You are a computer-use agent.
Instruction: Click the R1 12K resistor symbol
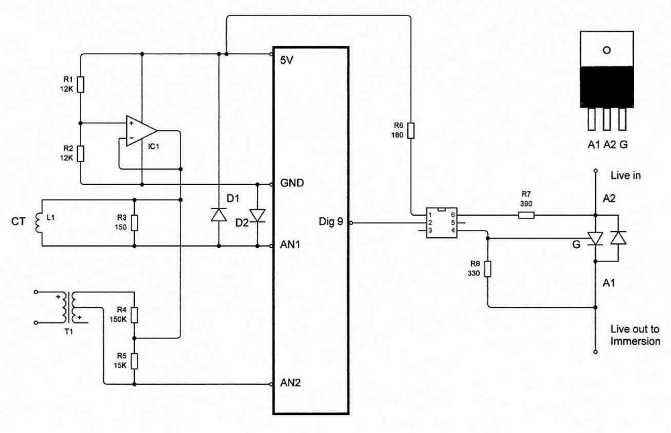coord(81,84)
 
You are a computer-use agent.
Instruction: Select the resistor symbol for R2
coord(81,153)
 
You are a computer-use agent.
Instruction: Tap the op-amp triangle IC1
coord(141,131)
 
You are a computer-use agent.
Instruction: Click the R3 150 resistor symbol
coord(134,223)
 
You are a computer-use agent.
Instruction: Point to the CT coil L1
coord(38,223)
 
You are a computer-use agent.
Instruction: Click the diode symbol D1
coord(219,214)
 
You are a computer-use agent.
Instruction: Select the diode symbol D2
coord(258,215)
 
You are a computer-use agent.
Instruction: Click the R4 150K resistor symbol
coord(134,315)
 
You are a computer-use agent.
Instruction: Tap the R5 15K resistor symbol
coord(134,361)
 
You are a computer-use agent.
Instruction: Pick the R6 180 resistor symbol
coord(411,131)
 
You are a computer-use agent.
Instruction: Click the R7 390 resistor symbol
coord(526,215)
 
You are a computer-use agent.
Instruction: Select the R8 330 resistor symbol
coord(487,269)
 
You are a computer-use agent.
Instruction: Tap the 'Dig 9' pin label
coord(331,222)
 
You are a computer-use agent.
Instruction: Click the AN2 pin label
coord(291,383)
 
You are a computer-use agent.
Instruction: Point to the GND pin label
coord(292,183)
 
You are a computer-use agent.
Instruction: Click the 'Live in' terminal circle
coord(595,170)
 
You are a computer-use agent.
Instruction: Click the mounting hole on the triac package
coord(607,50)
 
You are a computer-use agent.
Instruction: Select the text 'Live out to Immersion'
coord(635,335)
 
